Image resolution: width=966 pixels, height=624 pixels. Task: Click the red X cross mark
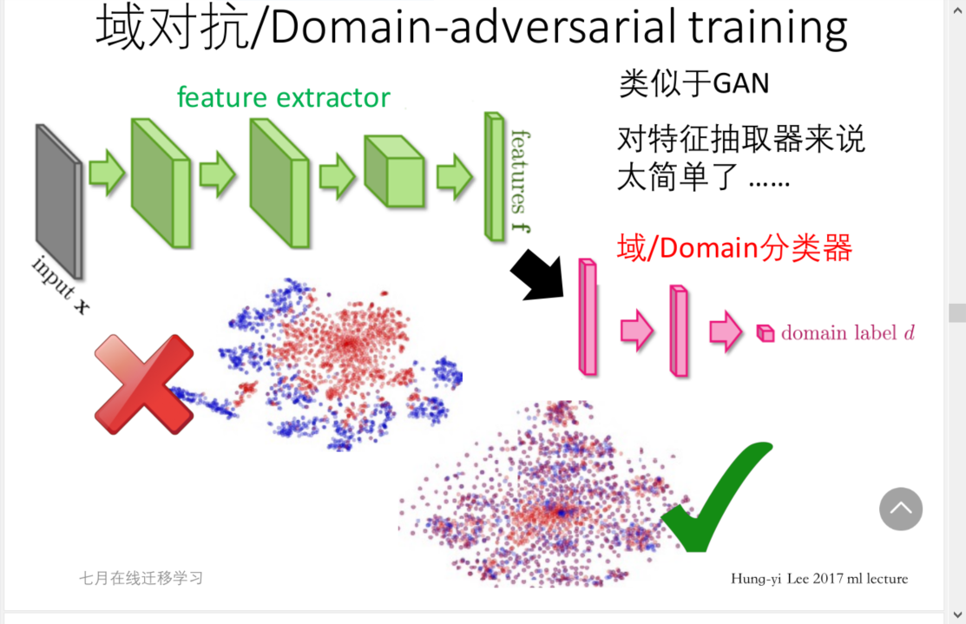click(144, 384)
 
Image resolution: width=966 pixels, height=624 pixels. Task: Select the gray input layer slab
click(58, 200)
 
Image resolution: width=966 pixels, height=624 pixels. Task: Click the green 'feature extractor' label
click(284, 97)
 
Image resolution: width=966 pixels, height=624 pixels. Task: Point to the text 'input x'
click(60, 285)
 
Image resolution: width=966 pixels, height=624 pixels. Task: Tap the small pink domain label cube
click(765, 333)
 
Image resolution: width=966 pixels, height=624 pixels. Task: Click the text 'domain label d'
click(848, 333)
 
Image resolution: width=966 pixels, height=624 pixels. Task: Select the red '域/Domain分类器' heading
click(734, 248)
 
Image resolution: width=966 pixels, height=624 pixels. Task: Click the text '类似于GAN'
click(693, 84)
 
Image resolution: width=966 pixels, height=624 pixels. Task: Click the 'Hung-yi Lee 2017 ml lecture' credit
click(819, 579)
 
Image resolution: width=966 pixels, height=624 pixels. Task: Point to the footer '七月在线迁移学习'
click(141, 578)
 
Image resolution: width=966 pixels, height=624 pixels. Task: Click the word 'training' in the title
click(768, 28)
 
